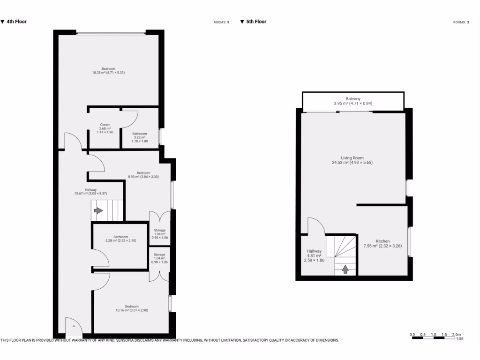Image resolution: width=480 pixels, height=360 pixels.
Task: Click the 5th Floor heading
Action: (256, 22)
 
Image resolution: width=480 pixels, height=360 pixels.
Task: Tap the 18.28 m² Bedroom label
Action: (108, 71)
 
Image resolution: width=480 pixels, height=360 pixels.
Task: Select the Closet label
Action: (105, 128)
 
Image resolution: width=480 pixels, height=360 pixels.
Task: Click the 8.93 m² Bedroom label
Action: (143, 175)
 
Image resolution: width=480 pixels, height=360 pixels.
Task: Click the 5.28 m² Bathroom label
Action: (120, 239)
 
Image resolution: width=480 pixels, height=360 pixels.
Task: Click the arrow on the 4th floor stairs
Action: (98, 210)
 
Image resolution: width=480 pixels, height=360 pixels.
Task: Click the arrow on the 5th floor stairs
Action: (346, 269)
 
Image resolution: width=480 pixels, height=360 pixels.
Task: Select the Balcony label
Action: (353, 101)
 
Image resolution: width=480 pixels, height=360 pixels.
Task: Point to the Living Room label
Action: (352, 160)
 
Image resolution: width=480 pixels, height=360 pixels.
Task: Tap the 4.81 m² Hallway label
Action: (314, 255)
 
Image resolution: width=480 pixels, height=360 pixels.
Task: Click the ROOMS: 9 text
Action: (221, 22)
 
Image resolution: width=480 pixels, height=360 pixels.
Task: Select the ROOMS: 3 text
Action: (461, 22)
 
